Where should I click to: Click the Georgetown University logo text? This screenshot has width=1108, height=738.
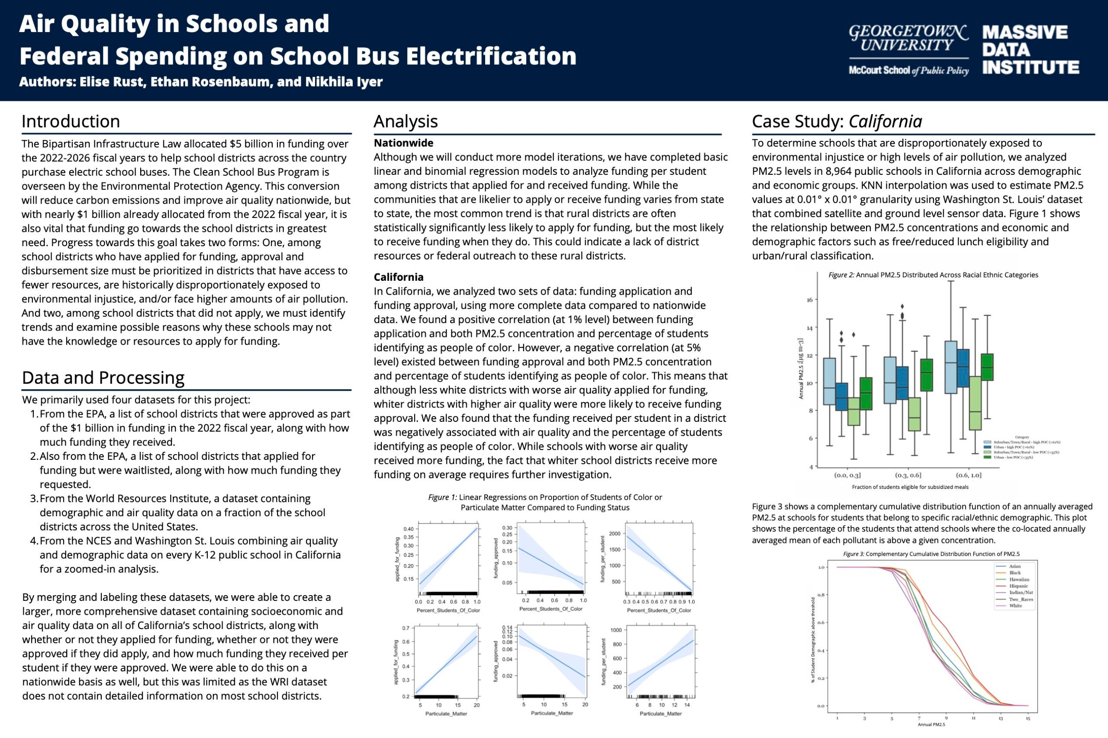pyautogui.click(x=908, y=39)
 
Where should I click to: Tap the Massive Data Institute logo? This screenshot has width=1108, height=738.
pyautogui.click(x=1030, y=50)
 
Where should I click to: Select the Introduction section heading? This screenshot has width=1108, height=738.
pyautogui.click(x=71, y=122)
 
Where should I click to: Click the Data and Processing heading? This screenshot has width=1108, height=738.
pyautogui.click(x=103, y=378)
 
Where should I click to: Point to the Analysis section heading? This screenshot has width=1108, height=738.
pyautogui.click(x=406, y=122)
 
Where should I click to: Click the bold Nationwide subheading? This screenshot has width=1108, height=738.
pyautogui.click(x=403, y=143)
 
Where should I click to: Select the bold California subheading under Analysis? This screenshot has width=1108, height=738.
pyautogui.click(x=398, y=277)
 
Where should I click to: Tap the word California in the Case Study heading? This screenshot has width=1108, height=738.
pyautogui.click(x=885, y=122)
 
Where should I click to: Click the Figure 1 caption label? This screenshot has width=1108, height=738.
pyautogui.click(x=442, y=497)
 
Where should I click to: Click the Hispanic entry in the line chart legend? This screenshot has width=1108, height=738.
pyautogui.click(x=1018, y=586)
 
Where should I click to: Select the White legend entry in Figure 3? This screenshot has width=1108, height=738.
pyautogui.click(x=1015, y=606)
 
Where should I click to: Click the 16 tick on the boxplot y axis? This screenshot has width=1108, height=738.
pyautogui.click(x=809, y=300)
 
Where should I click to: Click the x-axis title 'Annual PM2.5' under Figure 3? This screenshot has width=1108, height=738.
pyautogui.click(x=931, y=724)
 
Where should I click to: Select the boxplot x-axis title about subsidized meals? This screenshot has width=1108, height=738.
pyautogui.click(x=910, y=487)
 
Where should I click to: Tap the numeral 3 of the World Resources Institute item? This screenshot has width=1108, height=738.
pyautogui.click(x=33, y=498)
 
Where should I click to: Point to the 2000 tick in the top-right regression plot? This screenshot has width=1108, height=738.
pyautogui.click(x=615, y=533)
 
